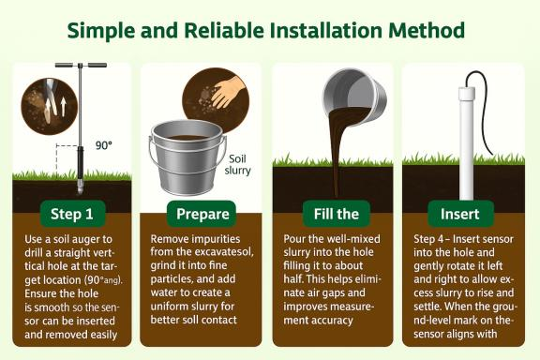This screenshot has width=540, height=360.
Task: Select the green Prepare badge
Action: point(202,213)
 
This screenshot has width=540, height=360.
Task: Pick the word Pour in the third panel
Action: point(296,239)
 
